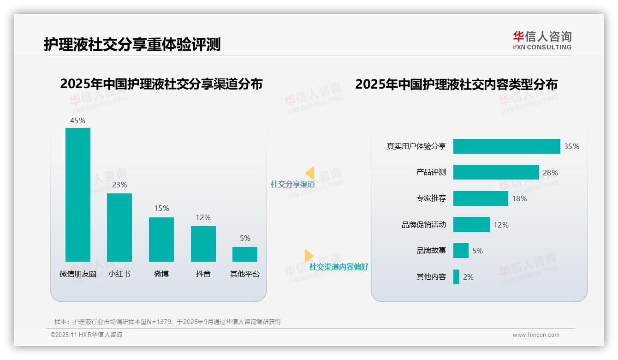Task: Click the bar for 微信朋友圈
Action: [x=78, y=194]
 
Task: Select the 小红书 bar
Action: [x=119, y=227]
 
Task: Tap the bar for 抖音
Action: [x=203, y=244]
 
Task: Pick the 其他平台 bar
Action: [x=244, y=254]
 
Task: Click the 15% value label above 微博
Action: [x=161, y=209]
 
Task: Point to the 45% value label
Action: [x=77, y=120]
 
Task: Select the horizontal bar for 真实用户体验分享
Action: [x=506, y=146]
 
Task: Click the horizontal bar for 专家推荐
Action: [x=481, y=198]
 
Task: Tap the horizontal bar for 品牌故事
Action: [x=461, y=251]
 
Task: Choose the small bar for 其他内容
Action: [x=456, y=277]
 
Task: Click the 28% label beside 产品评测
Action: [x=550, y=173]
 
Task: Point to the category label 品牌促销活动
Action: [x=424, y=225]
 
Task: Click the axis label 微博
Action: [x=161, y=274]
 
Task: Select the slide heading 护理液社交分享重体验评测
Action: [x=132, y=45]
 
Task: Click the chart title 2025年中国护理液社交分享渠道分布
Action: [x=161, y=84]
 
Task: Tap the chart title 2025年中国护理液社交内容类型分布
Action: [x=456, y=84]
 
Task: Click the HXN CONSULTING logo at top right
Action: [x=542, y=41]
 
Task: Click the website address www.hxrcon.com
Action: [x=536, y=335]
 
